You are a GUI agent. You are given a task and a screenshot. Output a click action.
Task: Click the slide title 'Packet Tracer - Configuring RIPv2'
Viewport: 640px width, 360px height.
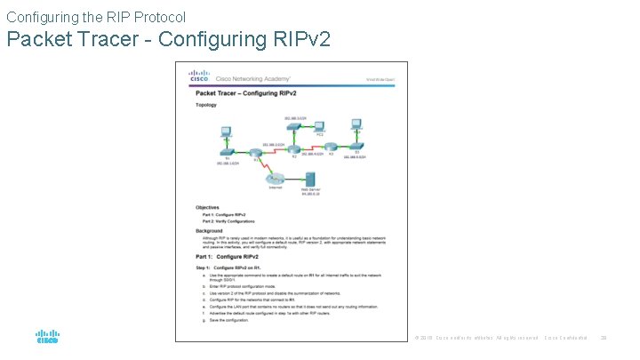point(169,40)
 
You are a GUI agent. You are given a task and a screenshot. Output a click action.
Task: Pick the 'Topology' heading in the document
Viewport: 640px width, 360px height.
point(206,104)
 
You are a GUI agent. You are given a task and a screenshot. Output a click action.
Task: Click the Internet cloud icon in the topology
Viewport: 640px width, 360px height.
point(277,179)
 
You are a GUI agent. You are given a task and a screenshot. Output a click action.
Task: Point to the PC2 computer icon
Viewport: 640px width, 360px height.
point(318,127)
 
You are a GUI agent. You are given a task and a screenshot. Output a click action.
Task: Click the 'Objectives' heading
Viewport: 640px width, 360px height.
point(209,208)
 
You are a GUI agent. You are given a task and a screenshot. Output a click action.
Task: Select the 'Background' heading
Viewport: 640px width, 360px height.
point(211,230)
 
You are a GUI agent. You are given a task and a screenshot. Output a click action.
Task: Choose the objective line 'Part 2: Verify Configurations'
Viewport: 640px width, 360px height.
point(228,221)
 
